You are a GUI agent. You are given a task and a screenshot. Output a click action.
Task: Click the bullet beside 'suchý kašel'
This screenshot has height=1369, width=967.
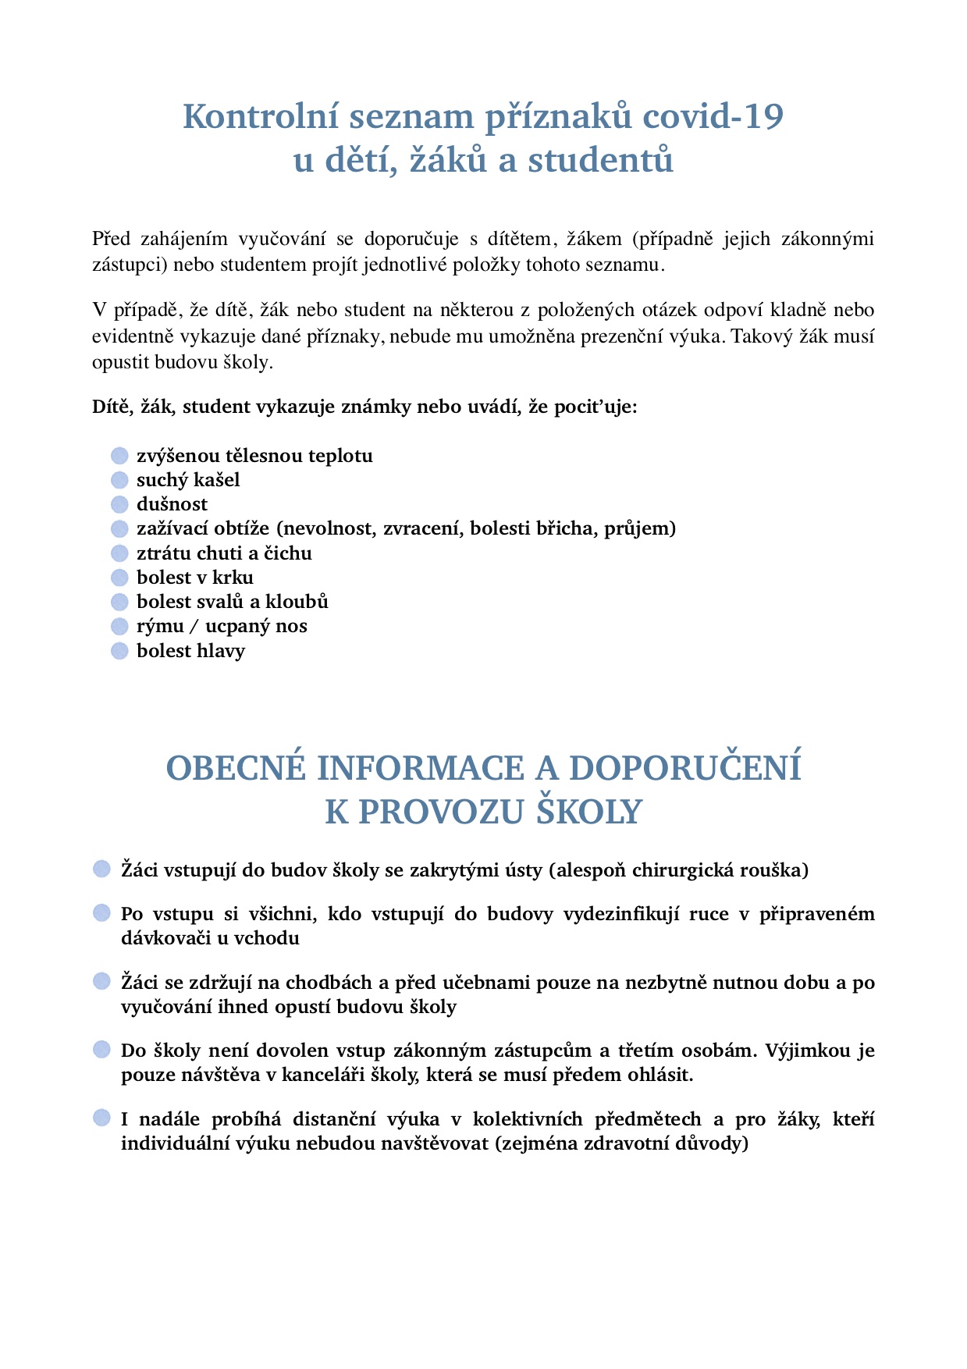pyautogui.click(x=119, y=480)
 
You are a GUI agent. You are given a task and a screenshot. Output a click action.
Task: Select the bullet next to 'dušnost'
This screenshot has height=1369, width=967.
pyautogui.click(x=119, y=504)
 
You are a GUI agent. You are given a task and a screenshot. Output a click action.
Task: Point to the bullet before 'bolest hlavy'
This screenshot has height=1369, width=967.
pyautogui.click(x=119, y=651)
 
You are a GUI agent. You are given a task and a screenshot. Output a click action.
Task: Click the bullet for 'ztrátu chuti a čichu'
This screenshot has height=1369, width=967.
pyautogui.click(x=119, y=553)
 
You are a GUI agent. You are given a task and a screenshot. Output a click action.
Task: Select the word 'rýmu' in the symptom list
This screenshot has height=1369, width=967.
pyautogui.click(x=160, y=627)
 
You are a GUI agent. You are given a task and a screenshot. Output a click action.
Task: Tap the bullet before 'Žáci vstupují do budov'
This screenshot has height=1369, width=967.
pyautogui.click(x=102, y=869)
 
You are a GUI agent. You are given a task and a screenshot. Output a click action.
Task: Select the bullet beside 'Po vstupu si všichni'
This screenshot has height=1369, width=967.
pyautogui.click(x=102, y=913)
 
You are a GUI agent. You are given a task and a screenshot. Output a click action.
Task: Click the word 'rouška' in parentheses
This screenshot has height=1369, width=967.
pyautogui.click(x=772, y=870)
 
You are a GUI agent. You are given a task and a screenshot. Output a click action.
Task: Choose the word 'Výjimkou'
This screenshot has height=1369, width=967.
pyautogui.click(x=808, y=1051)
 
